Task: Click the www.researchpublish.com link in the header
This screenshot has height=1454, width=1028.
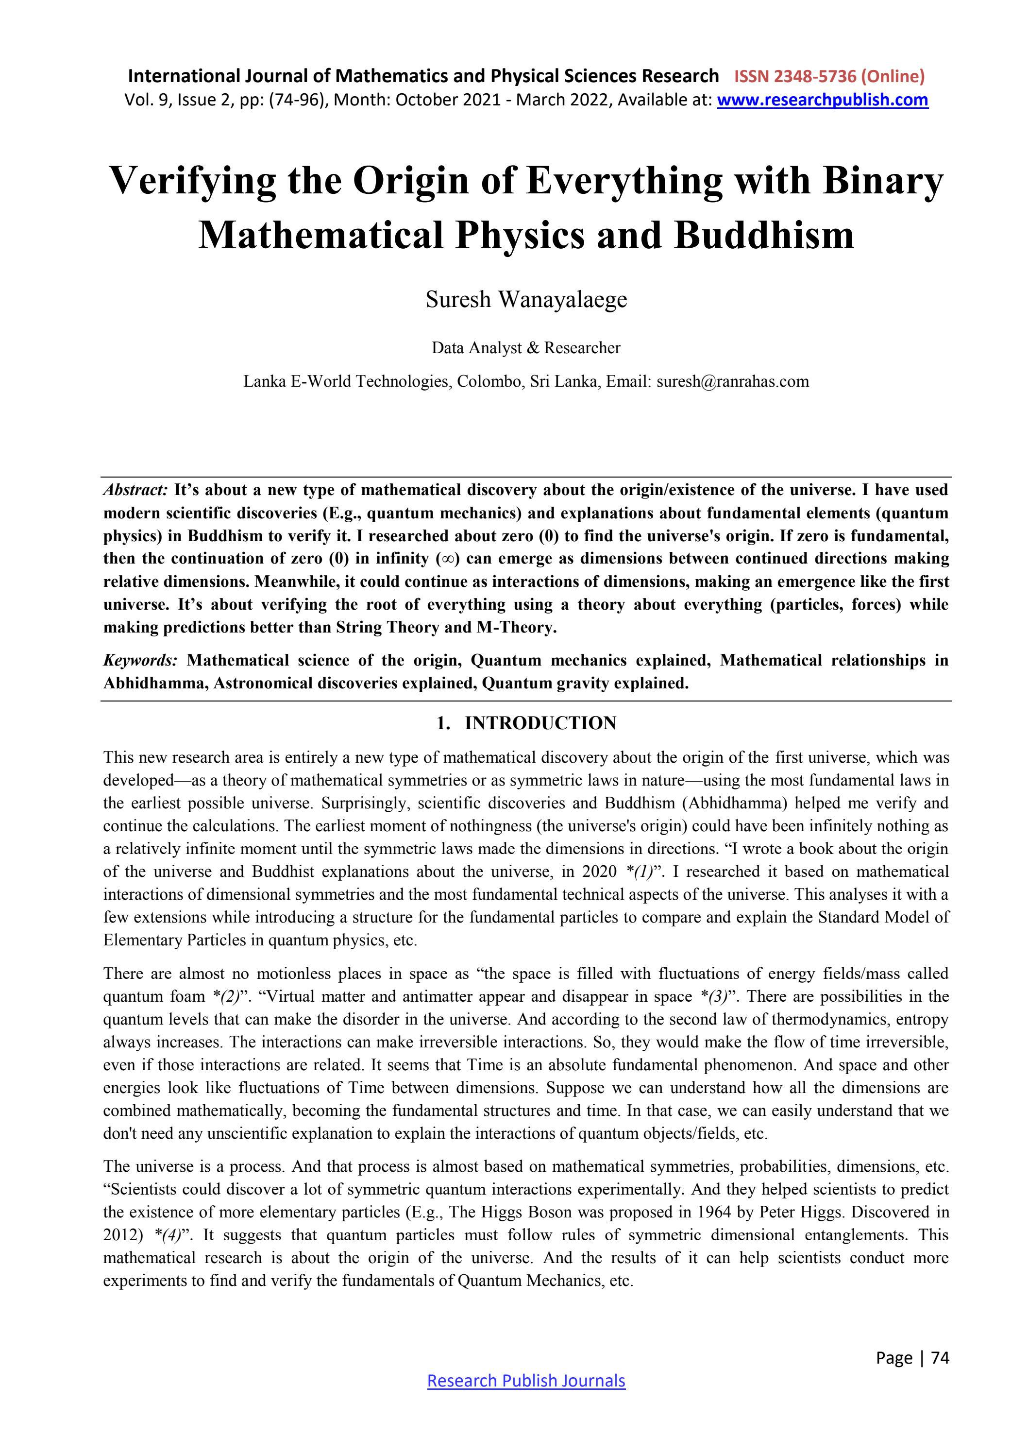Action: pos(822,100)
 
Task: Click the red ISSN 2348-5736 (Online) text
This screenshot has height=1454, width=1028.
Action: pos(829,77)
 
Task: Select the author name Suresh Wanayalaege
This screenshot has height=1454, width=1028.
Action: pos(526,300)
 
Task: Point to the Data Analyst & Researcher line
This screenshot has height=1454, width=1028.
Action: pos(526,348)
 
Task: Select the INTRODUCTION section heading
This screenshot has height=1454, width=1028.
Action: pos(540,723)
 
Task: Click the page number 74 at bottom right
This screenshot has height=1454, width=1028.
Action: pos(940,1357)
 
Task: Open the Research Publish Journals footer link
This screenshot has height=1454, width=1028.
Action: pos(526,1381)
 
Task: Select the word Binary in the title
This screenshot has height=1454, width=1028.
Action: pos(882,181)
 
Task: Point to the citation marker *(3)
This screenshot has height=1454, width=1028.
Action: pos(715,997)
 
